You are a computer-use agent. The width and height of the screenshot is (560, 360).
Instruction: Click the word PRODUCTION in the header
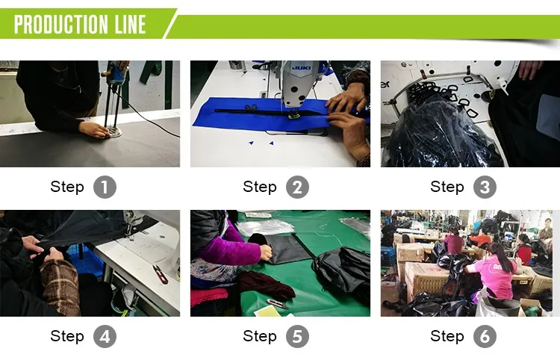tap(61, 25)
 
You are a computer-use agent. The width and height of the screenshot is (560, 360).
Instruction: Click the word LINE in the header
tap(131, 25)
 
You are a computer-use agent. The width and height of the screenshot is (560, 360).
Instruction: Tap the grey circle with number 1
tap(105, 187)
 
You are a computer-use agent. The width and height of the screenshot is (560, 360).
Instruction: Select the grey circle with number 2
tap(297, 187)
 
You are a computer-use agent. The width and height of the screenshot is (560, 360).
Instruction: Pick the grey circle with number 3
tap(485, 187)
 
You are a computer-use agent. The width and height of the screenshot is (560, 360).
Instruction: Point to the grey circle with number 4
tap(105, 336)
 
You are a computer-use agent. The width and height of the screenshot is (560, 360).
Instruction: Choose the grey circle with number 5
tap(297, 336)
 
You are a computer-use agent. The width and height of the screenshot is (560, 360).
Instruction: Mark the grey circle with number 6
tap(485, 336)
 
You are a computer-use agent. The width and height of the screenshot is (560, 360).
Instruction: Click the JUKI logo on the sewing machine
tap(302, 67)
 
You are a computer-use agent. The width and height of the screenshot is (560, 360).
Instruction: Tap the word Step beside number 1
tap(67, 187)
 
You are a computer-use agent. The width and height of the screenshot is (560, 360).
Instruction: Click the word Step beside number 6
tap(447, 335)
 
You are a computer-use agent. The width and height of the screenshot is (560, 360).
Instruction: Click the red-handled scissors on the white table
tap(161, 274)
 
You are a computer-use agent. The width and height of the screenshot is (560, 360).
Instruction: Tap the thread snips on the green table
tap(278, 304)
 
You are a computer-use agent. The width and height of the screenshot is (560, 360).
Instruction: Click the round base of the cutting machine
tap(113, 133)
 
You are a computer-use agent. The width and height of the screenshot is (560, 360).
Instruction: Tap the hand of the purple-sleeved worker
tap(266, 252)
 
